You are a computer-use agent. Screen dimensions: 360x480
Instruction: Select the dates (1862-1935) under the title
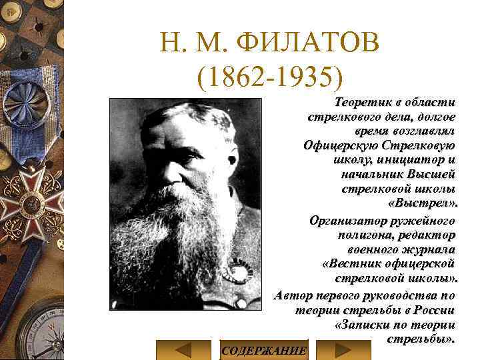tap(269, 78)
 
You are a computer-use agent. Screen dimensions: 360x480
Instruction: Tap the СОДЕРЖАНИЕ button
tap(263, 350)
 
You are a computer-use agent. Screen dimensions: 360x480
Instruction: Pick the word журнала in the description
tap(428, 249)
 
